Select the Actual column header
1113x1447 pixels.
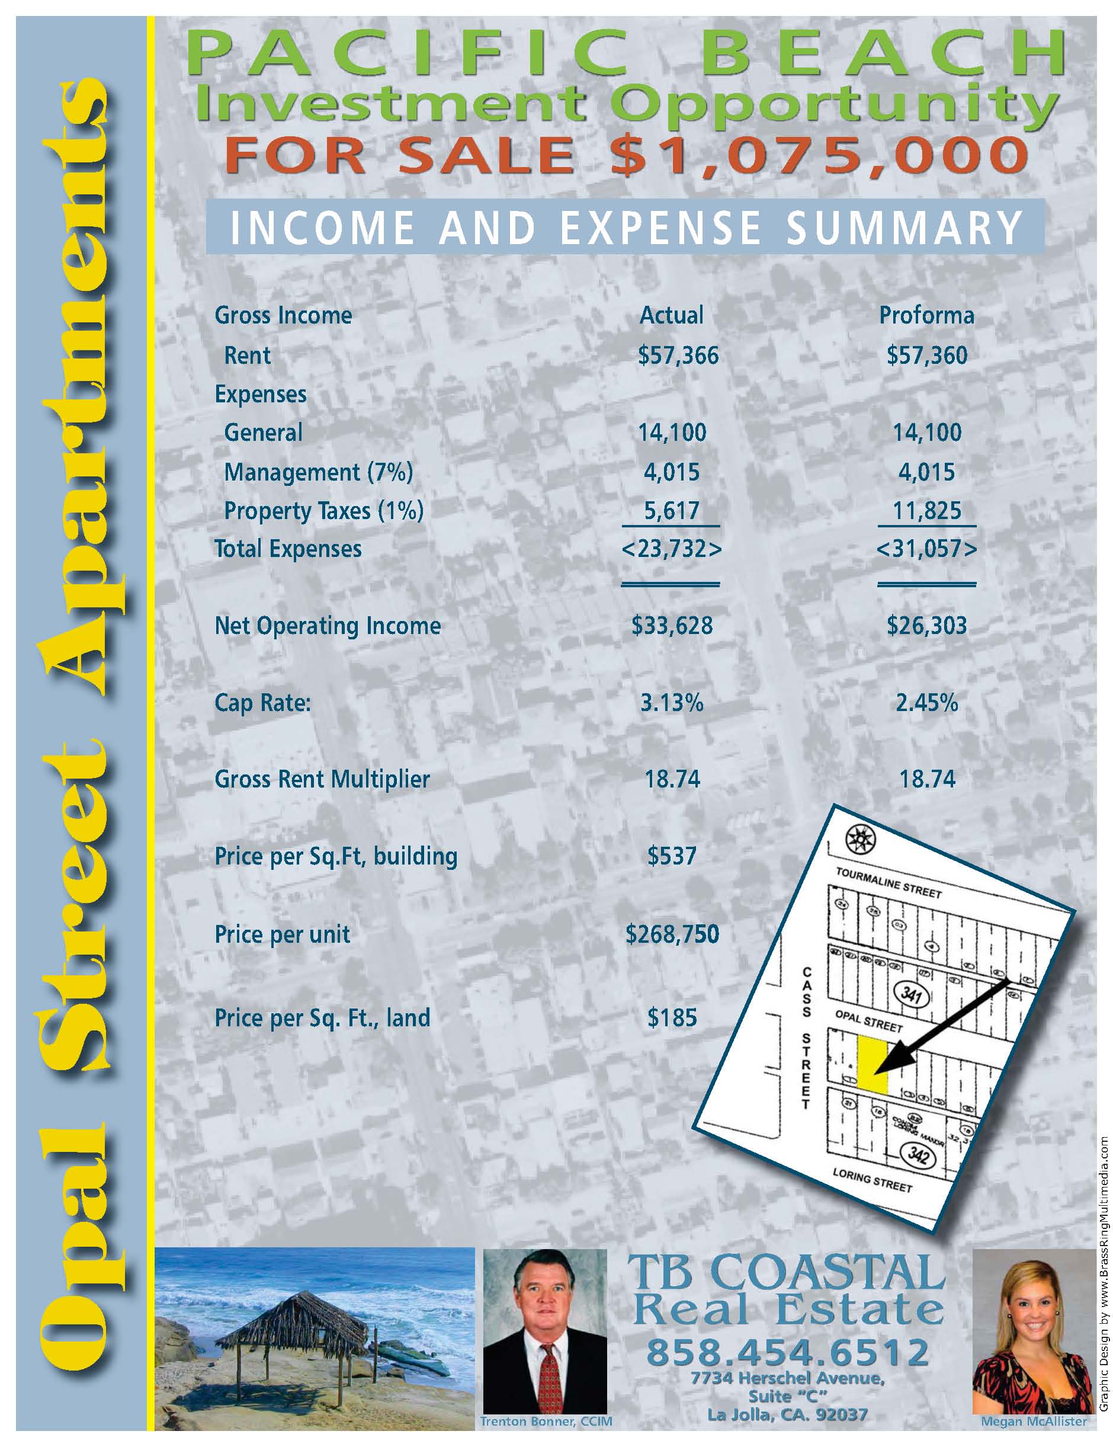(671, 315)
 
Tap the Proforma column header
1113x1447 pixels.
(926, 315)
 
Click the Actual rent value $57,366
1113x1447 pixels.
(678, 356)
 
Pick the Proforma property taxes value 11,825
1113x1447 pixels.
(927, 511)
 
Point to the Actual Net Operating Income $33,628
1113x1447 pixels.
(672, 626)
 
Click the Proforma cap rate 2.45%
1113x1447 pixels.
(926, 702)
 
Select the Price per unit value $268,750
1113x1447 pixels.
(672, 934)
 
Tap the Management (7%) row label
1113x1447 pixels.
(318, 472)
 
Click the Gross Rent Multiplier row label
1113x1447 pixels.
(322, 779)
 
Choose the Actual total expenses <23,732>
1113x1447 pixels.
(671, 549)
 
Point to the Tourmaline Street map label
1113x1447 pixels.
(888, 882)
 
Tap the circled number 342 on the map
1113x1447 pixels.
(918, 1155)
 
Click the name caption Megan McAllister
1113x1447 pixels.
(1034, 1421)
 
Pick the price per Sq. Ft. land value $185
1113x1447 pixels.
(672, 1017)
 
